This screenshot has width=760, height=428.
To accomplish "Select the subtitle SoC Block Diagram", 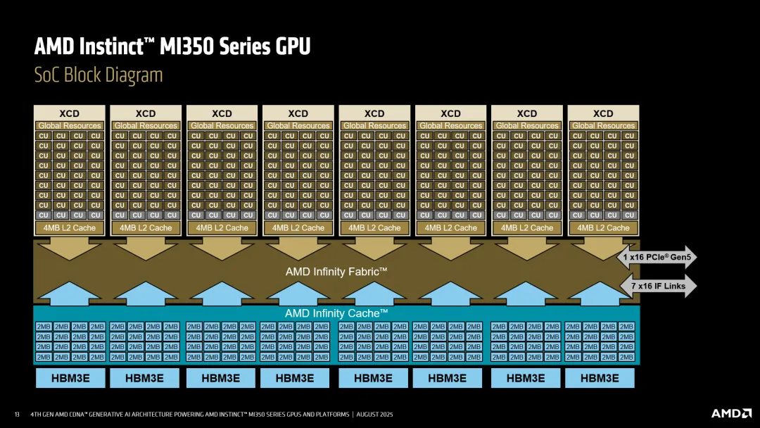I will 99,75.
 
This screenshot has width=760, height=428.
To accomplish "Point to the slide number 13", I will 17,414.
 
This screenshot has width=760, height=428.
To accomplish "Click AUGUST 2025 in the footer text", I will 375,414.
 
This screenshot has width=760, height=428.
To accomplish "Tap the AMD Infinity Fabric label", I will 336,271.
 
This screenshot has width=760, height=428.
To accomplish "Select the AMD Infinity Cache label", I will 336,313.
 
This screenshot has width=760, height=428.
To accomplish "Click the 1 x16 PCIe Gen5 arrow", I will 657,258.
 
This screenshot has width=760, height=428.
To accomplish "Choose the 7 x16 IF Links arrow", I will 657,287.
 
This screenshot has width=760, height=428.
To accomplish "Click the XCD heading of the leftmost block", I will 69,113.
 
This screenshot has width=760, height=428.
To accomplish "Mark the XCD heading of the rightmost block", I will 603,113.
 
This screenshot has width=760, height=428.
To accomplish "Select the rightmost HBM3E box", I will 600,378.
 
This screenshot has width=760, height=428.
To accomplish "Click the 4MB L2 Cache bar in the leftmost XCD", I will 69,227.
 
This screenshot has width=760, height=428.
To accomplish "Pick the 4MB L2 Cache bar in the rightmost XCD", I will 603,227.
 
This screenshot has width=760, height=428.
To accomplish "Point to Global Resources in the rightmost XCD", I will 603,125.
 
